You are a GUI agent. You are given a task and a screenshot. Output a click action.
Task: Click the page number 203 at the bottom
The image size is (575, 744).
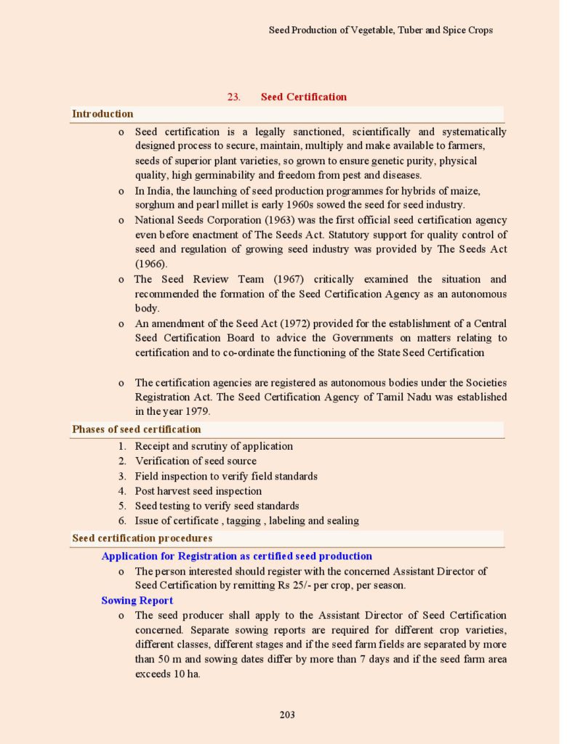[287, 715]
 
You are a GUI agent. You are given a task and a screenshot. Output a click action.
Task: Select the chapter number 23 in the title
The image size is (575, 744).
[233, 97]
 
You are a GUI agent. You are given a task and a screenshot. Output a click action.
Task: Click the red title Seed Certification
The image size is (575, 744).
[303, 97]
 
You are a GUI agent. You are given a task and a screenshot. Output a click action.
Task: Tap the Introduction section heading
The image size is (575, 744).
[102, 114]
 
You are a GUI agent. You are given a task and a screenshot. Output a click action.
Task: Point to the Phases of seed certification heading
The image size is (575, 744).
[136, 429]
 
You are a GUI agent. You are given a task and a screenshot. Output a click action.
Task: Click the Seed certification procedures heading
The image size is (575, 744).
[142, 538]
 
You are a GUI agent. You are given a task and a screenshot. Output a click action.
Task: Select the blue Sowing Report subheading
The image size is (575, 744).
[137, 601]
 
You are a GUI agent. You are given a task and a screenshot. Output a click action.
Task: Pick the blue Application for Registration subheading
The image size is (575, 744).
[236, 557]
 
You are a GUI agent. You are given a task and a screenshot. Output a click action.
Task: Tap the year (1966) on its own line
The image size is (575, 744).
[150, 264]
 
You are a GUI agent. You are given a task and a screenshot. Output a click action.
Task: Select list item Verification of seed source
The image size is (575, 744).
[196, 461]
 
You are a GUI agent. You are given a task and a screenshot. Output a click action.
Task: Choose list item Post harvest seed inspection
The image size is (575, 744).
[198, 491]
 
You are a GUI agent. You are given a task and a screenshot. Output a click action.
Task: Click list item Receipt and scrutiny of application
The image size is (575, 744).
[214, 446]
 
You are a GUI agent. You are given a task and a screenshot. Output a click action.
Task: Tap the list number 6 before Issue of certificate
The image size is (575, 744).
[123, 521]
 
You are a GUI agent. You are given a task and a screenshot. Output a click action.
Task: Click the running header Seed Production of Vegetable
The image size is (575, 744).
[380, 31]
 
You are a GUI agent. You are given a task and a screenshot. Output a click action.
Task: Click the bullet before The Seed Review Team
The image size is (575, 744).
[121, 279]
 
